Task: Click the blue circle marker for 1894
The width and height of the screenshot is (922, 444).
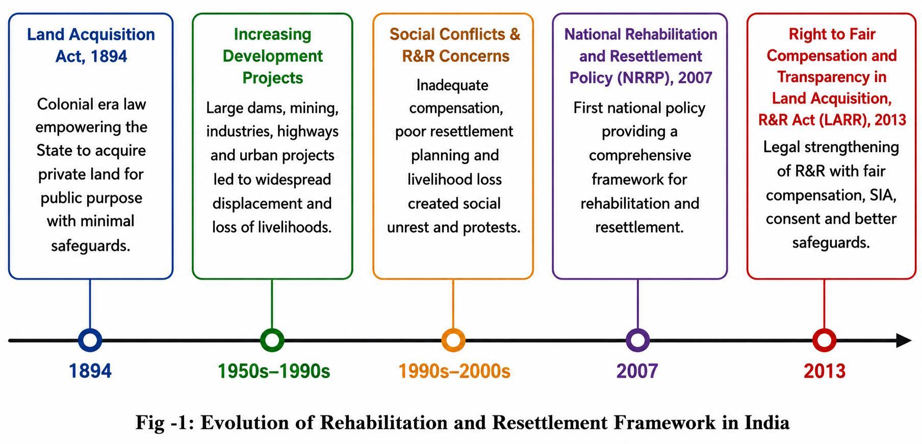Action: [x=90, y=340]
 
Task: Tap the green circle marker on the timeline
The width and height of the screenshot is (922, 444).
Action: [x=272, y=340]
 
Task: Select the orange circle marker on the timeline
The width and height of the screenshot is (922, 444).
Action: [x=453, y=340]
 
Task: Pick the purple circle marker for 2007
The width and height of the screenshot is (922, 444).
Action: [x=637, y=340]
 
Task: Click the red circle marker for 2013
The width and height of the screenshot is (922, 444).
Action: [x=824, y=340]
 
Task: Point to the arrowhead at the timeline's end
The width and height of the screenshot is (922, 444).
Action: [x=904, y=340]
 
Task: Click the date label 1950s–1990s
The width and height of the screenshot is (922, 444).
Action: [x=274, y=371]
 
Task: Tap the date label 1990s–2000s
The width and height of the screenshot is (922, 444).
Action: [x=454, y=371]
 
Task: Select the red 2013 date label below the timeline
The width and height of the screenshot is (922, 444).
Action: [x=825, y=371]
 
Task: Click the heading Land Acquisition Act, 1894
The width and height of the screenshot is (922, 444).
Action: [x=91, y=45]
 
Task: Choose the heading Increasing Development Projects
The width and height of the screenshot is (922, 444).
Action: [x=272, y=56]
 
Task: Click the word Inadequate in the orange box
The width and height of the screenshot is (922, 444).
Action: [x=452, y=85]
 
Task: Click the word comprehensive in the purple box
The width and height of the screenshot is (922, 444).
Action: [x=640, y=155]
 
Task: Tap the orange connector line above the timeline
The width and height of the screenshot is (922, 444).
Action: [x=453, y=304]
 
